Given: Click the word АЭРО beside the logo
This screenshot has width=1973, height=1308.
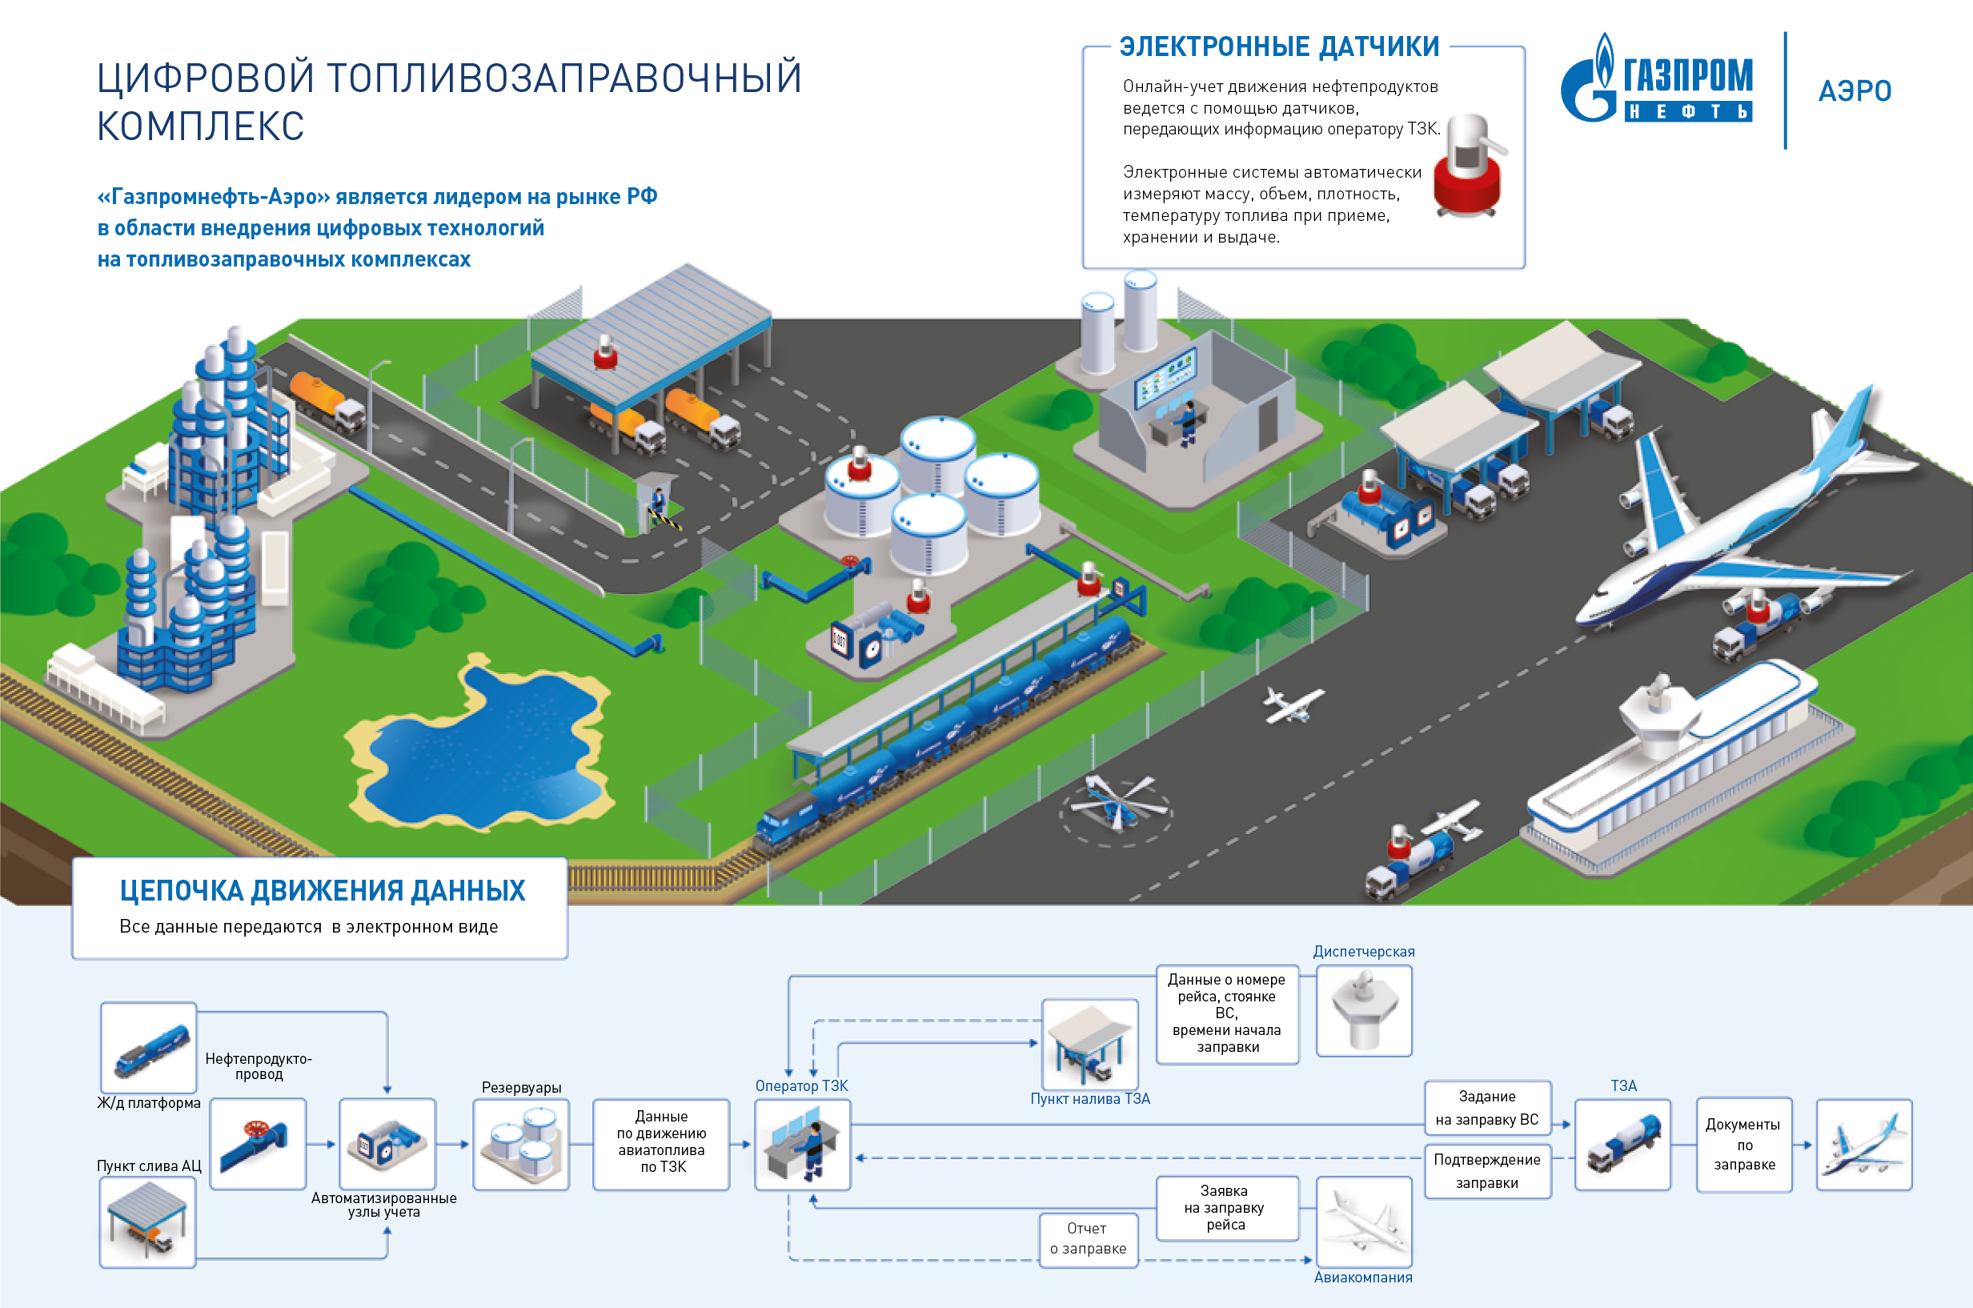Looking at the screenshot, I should click(x=1855, y=91).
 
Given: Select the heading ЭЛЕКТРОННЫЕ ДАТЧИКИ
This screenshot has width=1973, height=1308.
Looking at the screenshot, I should click(x=1278, y=46).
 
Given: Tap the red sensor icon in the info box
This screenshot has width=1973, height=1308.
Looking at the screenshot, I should click(x=1468, y=167).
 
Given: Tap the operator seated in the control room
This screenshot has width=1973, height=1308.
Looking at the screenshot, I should click(x=1188, y=421).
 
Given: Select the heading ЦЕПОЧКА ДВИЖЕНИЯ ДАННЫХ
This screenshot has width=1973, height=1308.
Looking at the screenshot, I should click(x=322, y=891).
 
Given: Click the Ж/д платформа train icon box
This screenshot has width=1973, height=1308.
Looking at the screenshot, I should click(x=148, y=1048).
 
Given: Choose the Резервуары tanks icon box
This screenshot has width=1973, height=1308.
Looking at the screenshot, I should click(x=521, y=1145).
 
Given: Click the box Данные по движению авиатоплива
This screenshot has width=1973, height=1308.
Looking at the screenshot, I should click(x=661, y=1143).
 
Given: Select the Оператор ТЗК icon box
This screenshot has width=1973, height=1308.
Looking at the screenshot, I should click(x=802, y=1145).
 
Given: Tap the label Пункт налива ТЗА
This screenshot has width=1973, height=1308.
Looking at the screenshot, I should click(x=1090, y=1098).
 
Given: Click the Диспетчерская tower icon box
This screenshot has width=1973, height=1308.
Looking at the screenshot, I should click(x=1363, y=1011).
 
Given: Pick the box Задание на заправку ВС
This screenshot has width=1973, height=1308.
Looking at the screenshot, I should click(x=1487, y=1108).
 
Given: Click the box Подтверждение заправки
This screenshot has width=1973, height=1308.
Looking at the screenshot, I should click(x=1487, y=1171).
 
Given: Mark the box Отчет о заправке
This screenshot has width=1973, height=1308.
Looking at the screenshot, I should click(x=1089, y=1239).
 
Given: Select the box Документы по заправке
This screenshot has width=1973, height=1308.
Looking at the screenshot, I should click(x=1742, y=1145).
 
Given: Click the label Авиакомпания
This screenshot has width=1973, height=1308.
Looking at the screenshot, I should click(x=1362, y=1277).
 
